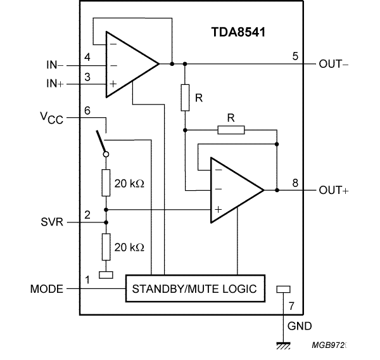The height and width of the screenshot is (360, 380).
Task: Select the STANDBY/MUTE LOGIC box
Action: pyautogui.click(x=194, y=289)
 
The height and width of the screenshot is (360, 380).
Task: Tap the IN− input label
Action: pyautogui.click(x=55, y=64)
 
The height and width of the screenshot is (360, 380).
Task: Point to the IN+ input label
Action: pyautogui.click(x=55, y=84)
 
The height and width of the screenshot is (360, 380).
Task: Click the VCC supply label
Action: pyautogui.click(x=53, y=118)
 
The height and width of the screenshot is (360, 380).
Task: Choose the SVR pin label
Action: pyautogui.click(x=51, y=222)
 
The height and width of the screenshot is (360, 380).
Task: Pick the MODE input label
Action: pyautogui.click(x=47, y=290)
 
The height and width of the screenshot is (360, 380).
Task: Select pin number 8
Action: pyautogui.click(x=294, y=183)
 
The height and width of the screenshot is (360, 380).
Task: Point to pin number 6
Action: pyautogui.click(x=87, y=110)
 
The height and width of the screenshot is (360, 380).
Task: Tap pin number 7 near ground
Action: pyautogui.click(x=291, y=307)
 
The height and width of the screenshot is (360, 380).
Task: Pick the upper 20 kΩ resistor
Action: pyautogui.click(x=106, y=184)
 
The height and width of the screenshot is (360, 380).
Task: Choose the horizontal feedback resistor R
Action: pyautogui.click(x=231, y=130)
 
